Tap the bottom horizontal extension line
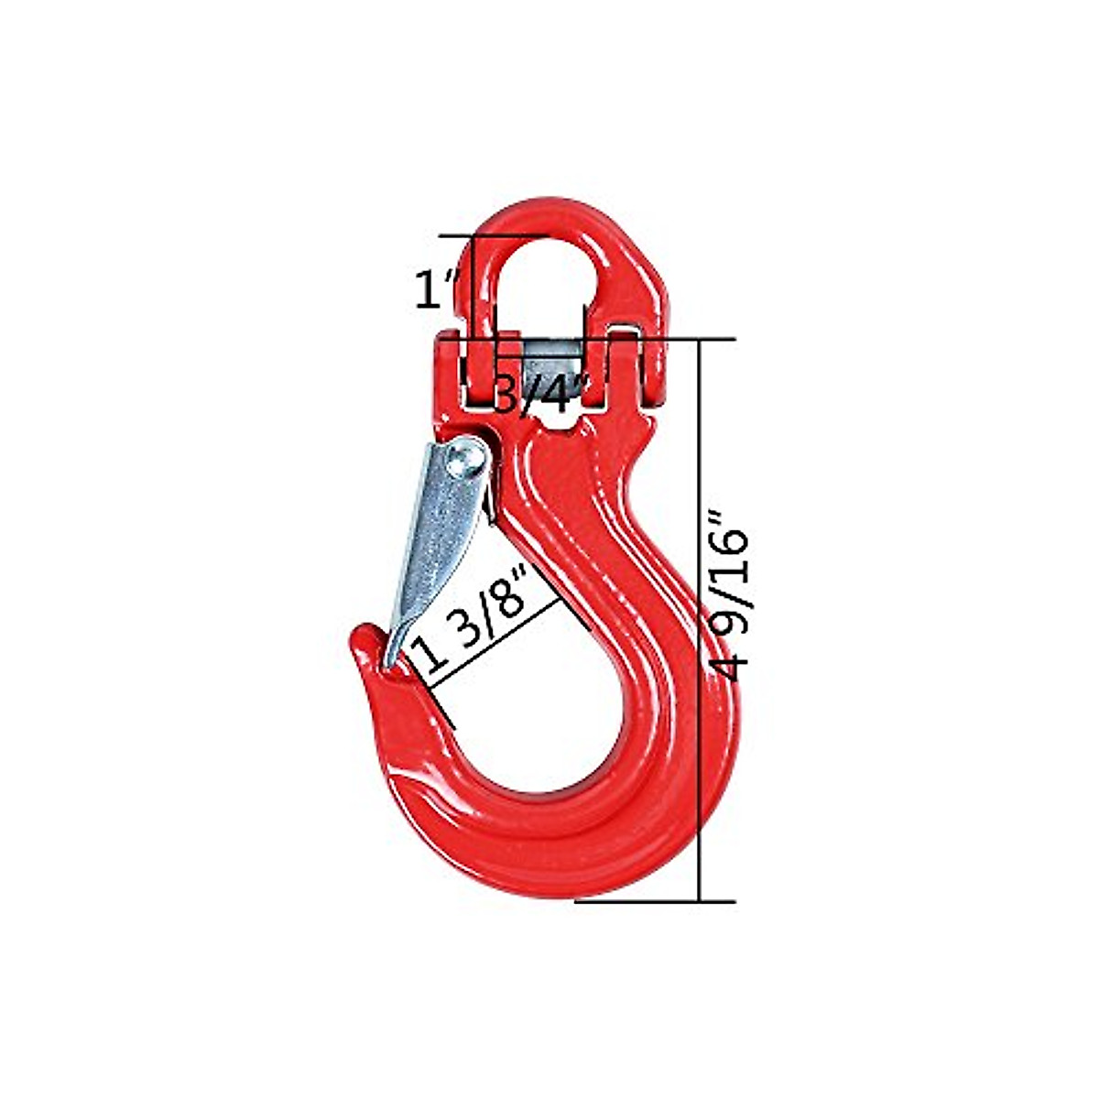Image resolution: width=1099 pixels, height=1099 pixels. click(656, 901)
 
